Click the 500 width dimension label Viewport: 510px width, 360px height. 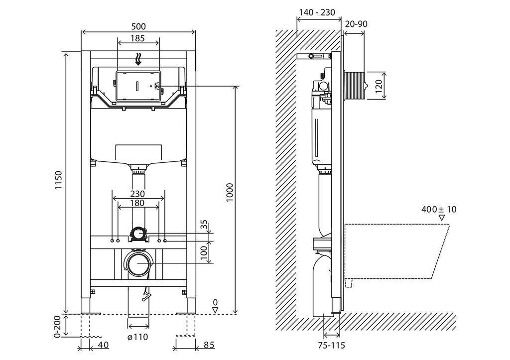click(138, 26)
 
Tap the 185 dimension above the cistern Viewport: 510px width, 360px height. click(137, 38)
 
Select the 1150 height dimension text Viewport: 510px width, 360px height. click(58, 180)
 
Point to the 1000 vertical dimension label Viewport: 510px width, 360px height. click(230, 192)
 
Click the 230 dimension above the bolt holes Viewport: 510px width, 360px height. click(137, 194)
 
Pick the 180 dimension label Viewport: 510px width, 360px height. click(137, 203)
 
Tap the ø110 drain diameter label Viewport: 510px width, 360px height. click(138, 337)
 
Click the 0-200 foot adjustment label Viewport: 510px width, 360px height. click(58, 327)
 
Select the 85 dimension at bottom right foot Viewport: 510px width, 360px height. click(209, 345)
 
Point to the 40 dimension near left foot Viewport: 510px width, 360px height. click(103, 345)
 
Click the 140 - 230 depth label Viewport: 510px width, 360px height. click(317, 12)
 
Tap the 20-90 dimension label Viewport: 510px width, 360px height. click(357, 24)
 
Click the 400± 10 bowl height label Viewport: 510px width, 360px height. click(439, 209)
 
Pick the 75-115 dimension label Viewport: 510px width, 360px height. click(331, 345)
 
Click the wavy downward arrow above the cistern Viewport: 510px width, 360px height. click(138, 59)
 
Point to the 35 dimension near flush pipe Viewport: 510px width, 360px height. click(204, 225)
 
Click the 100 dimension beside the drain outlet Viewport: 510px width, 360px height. click(204, 252)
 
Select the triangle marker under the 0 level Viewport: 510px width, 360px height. click(215, 310)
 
